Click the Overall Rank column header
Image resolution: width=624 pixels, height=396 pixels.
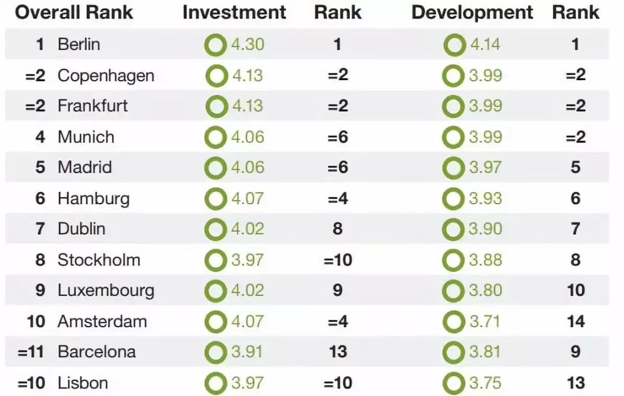pos(74,13)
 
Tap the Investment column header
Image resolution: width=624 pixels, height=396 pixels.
pos(234,13)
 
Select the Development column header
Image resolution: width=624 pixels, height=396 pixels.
pos(472,13)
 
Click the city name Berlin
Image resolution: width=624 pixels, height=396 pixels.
pos(79,44)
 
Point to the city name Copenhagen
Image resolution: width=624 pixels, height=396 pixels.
pos(106,76)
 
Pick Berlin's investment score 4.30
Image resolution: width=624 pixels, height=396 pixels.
pos(248,44)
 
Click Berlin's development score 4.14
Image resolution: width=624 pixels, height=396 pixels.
pos(485,44)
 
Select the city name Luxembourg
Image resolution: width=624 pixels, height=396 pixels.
pos(106,290)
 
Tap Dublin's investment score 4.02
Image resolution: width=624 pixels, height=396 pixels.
pos(248,229)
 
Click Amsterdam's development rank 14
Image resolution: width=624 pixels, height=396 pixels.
pos(575,322)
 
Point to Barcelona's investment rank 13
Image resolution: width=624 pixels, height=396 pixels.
pos(338,352)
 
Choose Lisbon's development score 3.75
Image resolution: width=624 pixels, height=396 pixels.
pos(485,383)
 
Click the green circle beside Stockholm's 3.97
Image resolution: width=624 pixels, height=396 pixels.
pos(216,260)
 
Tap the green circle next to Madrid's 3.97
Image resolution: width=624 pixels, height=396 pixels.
pos(454,168)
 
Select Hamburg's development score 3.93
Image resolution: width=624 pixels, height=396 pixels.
pos(485,199)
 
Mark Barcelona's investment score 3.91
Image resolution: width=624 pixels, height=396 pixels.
pos(248,352)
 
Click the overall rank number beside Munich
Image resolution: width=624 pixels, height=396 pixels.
pos(40,137)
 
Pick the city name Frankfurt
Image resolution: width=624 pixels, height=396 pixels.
pos(92,106)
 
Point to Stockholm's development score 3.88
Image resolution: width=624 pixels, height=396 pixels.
pos(485,260)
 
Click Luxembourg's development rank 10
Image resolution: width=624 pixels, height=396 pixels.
pos(575,290)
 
